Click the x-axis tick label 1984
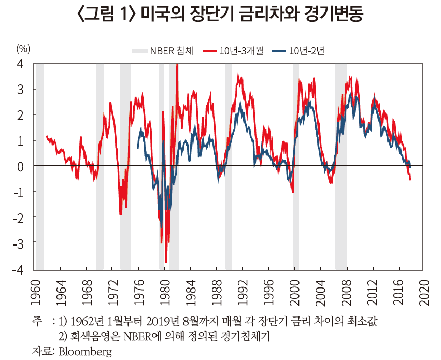[192, 293]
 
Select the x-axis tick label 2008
[348, 293]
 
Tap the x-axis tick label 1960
[35, 293]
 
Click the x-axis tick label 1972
[113, 293]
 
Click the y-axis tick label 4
[21, 64]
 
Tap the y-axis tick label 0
[21, 167]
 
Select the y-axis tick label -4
[19, 269]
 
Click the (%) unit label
[23, 49]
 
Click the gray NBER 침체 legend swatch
[140, 51]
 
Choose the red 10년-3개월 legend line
[209, 51]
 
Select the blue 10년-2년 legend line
[279, 51]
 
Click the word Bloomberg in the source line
[85, 352]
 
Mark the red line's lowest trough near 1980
[166, 262]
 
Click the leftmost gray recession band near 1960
[40, 167]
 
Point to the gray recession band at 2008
[341, 167]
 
